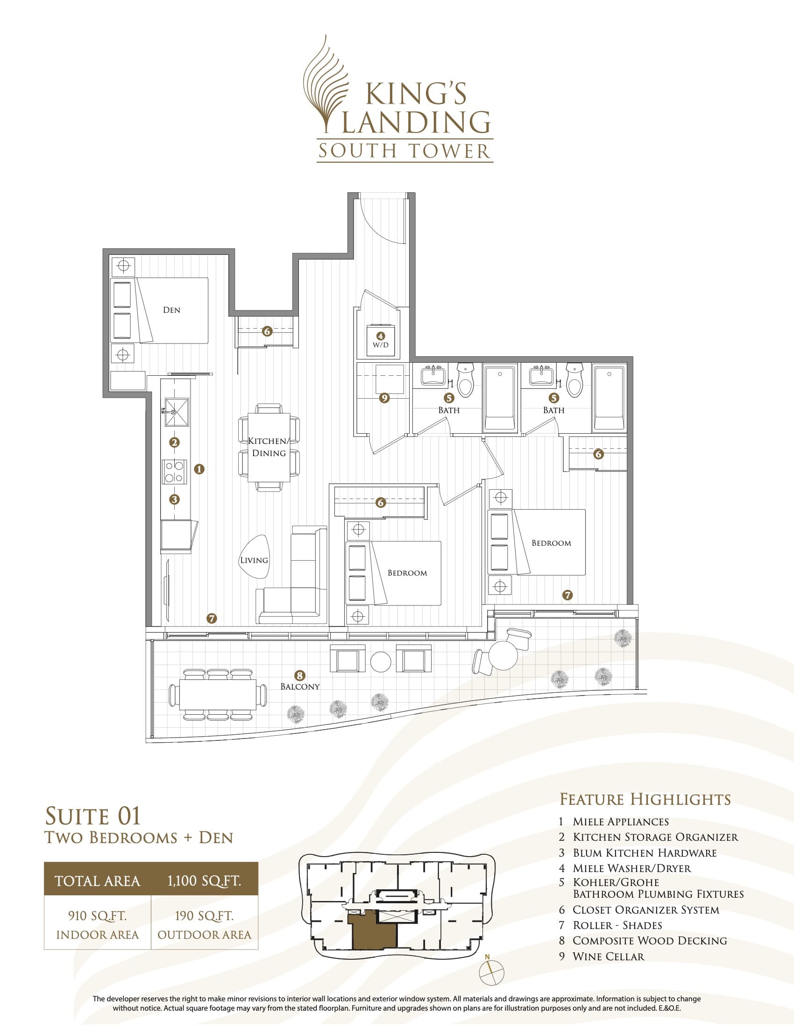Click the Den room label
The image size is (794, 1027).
[x=171, y=310]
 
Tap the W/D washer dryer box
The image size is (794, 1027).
[x=381, y=340]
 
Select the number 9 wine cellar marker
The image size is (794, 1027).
[x=384, y=398]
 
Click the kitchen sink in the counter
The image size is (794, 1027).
[x=176, y=412]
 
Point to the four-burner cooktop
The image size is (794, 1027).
[x=174, y=471]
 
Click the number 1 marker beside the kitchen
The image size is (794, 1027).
[x=199, y=469]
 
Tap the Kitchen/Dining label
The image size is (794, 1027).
[x=268, y=447]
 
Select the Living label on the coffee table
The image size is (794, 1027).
[x=254, y=560]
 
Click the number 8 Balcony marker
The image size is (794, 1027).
[x=300, y=676]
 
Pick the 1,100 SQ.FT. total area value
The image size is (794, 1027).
[x=204, y=881]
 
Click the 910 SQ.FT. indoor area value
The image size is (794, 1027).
[x=97, y=915]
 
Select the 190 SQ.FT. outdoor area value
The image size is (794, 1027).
[x=204, y=915]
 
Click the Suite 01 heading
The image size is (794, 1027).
[x=92, y=817]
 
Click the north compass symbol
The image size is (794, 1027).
[x=491, y=972]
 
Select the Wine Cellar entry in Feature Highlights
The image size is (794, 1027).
[x=608, y=956]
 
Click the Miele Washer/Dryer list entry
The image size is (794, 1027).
[x=631, y=869]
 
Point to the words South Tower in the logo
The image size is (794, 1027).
[x=404, y=151]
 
